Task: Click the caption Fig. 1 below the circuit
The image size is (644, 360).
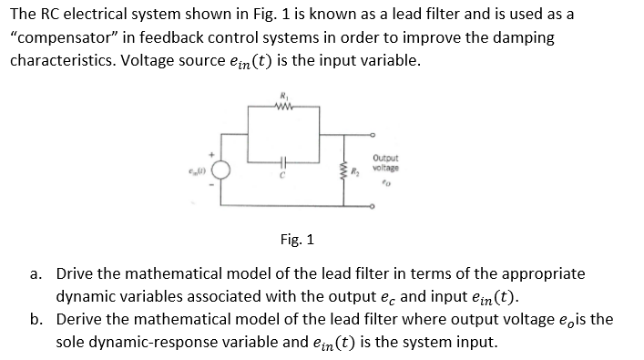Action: pyautogui.click(x=297, y=241)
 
